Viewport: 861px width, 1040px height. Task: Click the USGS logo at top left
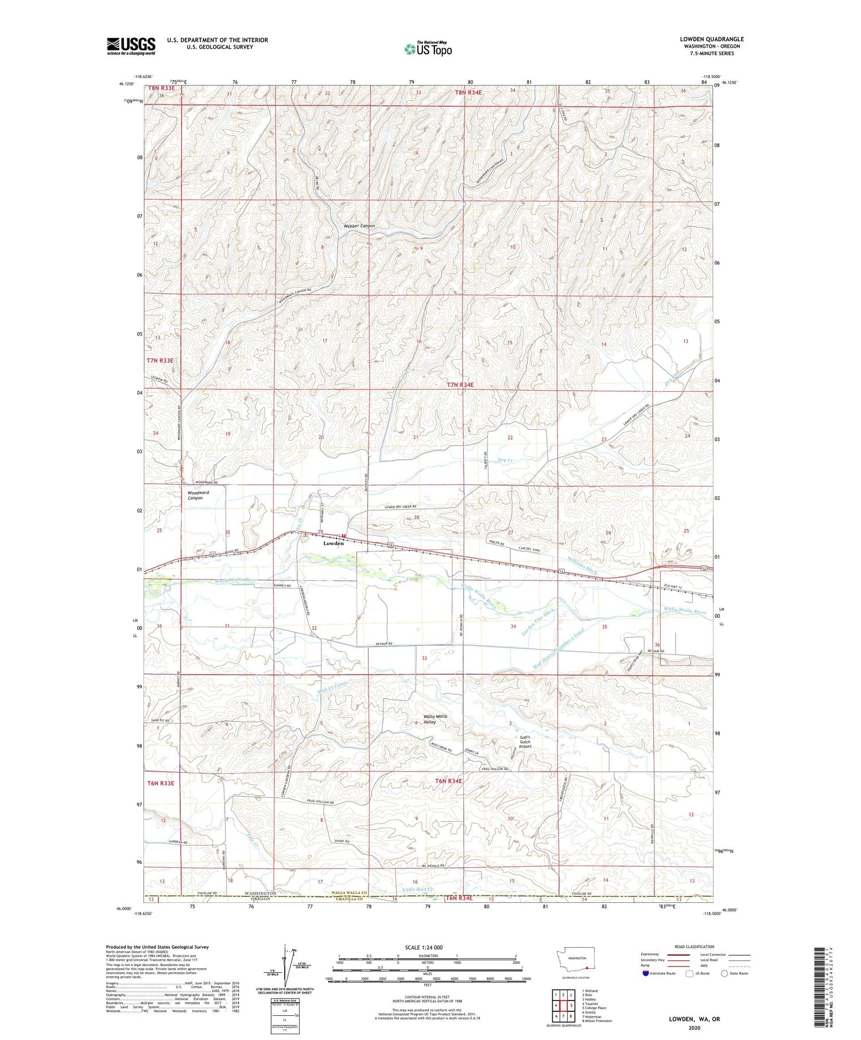(131, 46)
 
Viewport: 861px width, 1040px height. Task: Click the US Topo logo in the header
(428, 49)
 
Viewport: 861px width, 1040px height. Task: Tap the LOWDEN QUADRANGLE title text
(711, 40)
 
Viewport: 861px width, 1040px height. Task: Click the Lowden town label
(333, 543)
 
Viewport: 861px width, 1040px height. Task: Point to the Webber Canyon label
(359, 226)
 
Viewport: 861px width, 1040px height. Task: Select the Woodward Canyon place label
(198, 495)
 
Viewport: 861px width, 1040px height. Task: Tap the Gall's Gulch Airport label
(525, 742)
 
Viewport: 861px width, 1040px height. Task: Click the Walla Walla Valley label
(435, 719)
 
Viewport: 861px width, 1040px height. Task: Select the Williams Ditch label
(582, 565)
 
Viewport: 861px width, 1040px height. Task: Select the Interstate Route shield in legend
(646, 973)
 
